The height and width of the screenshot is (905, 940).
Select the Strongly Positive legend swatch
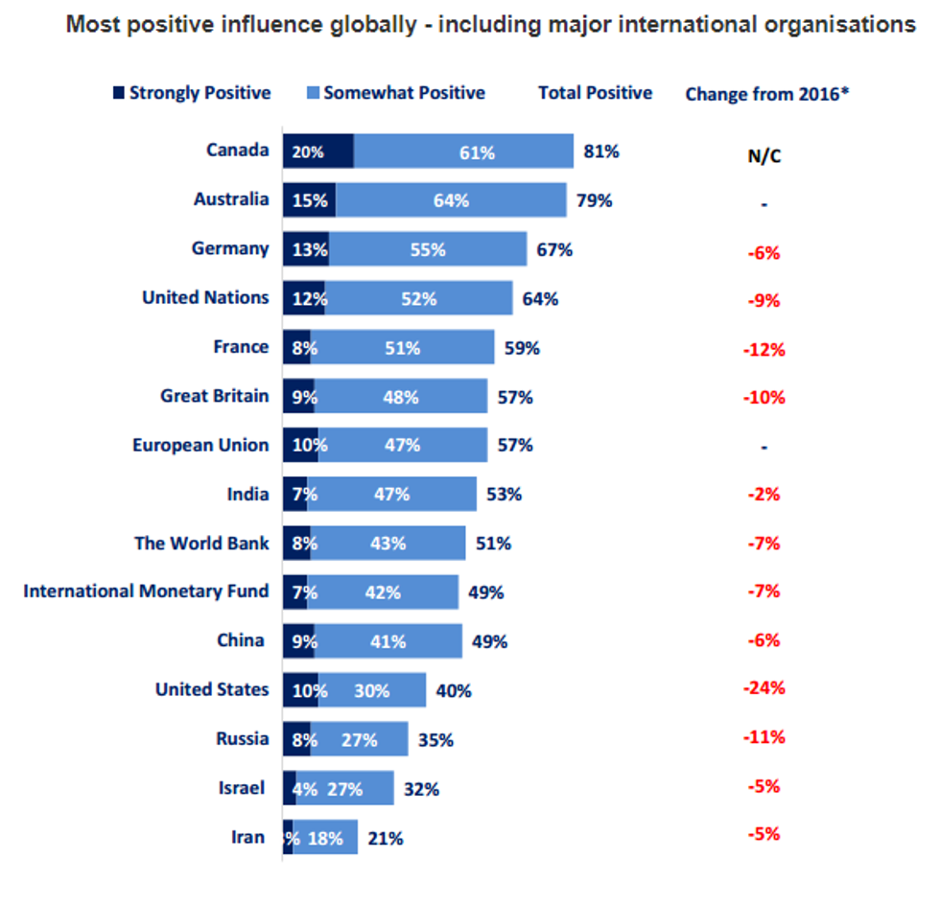(x=119, y=93)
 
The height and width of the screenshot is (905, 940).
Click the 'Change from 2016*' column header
(x=767, y=94)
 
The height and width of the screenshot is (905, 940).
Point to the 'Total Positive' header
(x=595, y=93)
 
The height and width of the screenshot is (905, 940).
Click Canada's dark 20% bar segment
(x=317, y=151)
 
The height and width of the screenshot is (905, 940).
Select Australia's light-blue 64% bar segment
(x=451, y=200)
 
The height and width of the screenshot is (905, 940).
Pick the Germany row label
(x=230, y=248)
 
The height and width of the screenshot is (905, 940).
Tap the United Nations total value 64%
(x=540, y=299)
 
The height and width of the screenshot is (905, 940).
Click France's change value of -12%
(x=764, y=349)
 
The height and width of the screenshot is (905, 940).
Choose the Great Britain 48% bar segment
(x=401, y=396)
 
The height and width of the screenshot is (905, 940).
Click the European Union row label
(x=200, y=445)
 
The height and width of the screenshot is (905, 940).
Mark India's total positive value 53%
(x=504, y=495)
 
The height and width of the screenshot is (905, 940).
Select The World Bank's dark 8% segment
(x=297, y=544)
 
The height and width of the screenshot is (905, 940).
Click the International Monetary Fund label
(x=146, y=591)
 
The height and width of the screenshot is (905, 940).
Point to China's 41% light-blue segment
(x=388, y=641)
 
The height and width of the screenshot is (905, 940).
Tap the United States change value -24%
(x=764, y=687)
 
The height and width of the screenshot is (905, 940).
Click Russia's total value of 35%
(x=435, y=739)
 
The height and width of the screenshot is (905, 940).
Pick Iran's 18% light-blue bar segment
(x=326, y=837)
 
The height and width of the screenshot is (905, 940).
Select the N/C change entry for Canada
(x=764, y=156)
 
